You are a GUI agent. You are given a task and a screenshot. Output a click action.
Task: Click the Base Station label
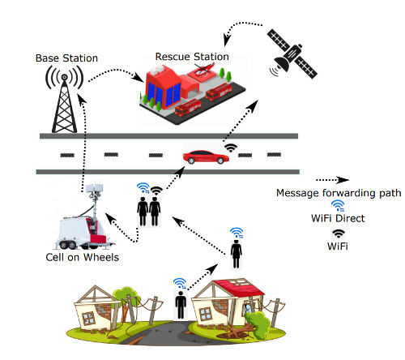coord(66,58)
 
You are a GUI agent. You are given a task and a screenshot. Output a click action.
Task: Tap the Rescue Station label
coord(192,57)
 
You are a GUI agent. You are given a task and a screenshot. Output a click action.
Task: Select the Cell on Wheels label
coord(82,257)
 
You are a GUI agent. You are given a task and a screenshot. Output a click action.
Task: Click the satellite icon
coord(293,54)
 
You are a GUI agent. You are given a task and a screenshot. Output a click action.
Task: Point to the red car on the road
coord(206,157)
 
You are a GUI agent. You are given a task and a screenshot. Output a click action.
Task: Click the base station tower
coord(64,99)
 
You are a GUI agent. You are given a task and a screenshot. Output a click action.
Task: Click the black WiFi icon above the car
coord(231,148)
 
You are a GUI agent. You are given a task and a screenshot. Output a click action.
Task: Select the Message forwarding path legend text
coord(339,193)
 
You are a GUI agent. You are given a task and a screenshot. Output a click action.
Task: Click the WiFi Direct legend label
coord(338,218)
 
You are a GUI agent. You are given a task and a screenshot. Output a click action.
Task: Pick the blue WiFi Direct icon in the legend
coord(338,206)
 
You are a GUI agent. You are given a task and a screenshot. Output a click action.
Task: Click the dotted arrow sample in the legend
coord(332,180)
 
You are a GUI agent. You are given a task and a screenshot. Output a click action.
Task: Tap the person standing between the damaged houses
coord(181,306)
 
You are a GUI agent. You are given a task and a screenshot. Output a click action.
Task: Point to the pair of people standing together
coord(149,212)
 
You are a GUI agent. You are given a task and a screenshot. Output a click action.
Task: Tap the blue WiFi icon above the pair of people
coord(143,188)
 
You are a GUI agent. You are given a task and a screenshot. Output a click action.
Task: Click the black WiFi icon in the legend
coord(339,234)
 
